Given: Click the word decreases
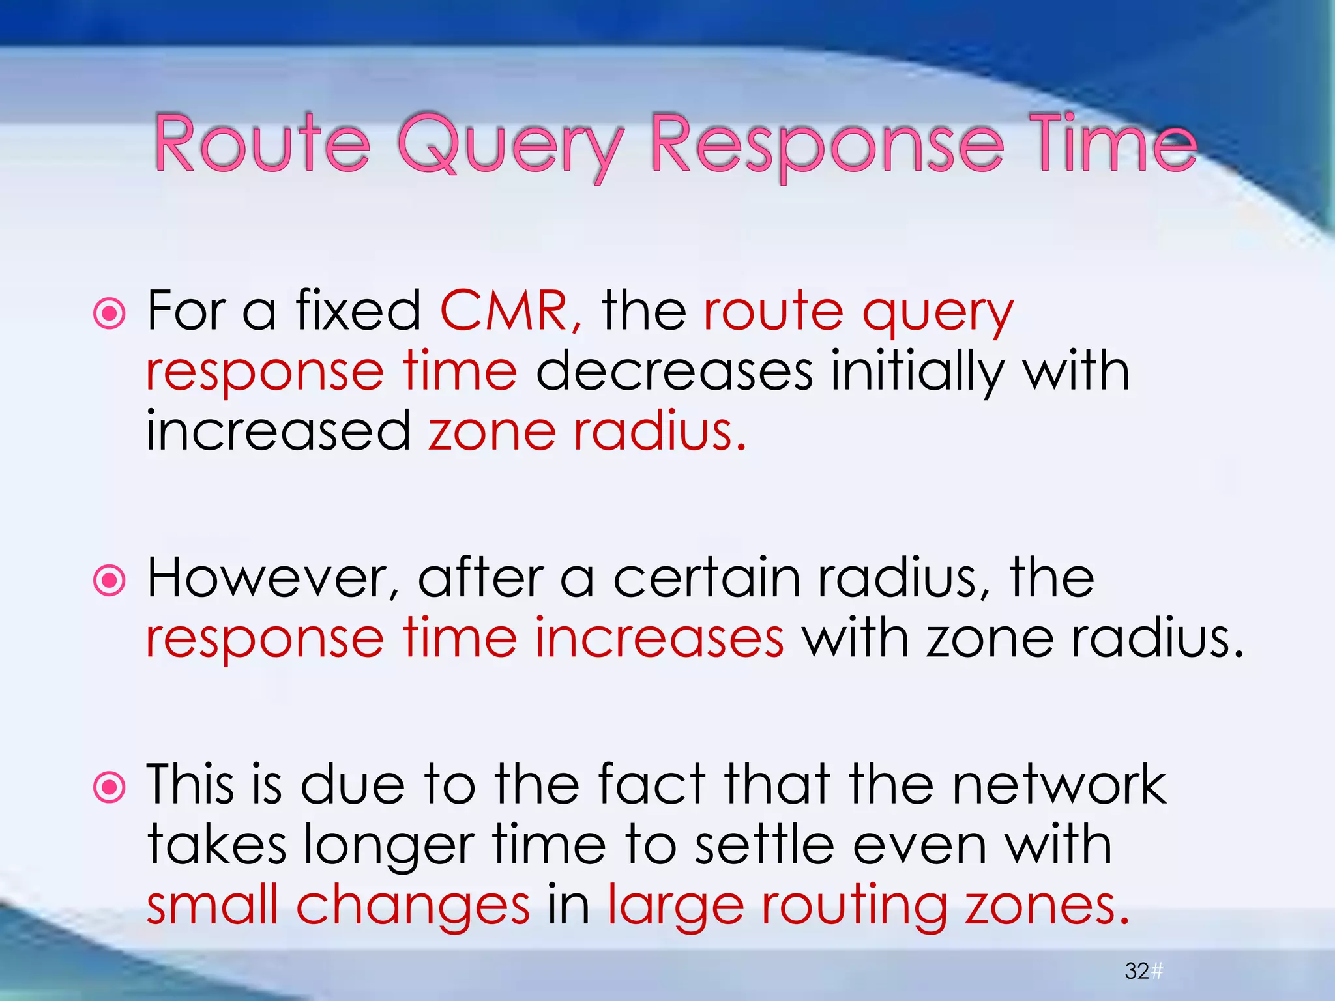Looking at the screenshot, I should [674, 371].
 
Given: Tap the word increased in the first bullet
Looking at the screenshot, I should [278, 431].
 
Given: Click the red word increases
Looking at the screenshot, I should [659, 638].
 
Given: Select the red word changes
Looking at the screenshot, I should [413, 907].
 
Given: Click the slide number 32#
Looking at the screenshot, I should [1143, 971].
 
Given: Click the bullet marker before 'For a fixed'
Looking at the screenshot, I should [110, 315].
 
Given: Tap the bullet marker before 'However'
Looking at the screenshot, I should [110, 580].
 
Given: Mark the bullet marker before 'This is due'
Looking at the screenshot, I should [110, 787].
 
